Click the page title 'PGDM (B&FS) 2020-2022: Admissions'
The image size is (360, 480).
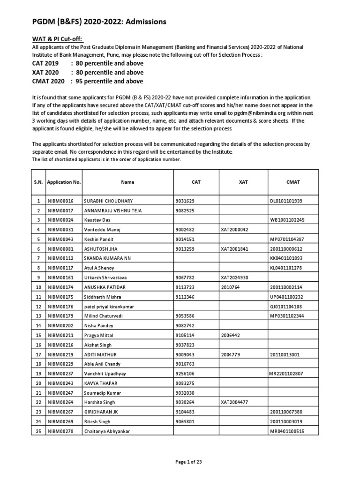99,22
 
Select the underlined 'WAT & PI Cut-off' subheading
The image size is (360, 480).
60,38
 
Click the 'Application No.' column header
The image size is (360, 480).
64,182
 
